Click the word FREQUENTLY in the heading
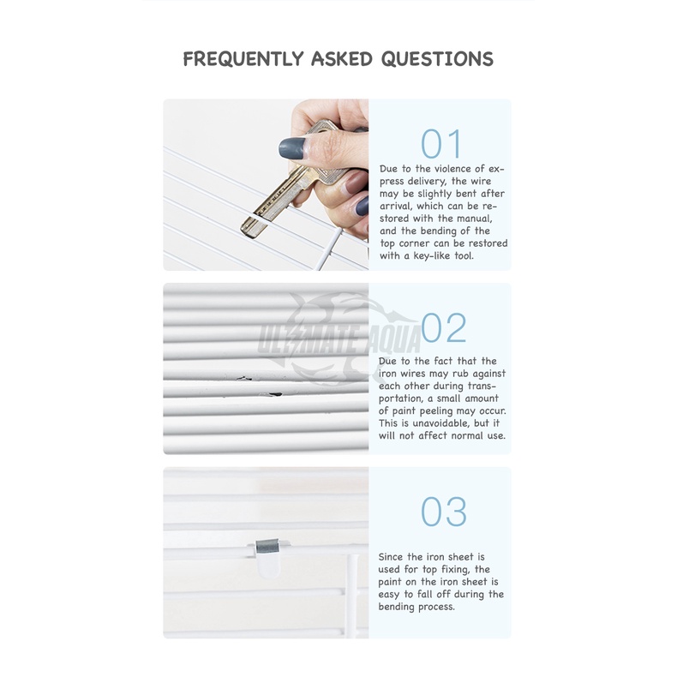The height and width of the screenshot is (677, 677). [x=243, y=59]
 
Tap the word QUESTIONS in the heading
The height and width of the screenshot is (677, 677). [x=437, y=59]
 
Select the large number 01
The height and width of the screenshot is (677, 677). [x=441, y=144]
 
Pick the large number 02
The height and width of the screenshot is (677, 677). [x=444, y=327]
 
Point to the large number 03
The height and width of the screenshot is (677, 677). [x=444, y=512]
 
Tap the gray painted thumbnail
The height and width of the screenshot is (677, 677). [x=291, y=148]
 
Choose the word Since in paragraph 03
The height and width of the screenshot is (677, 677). [x=391, y=557]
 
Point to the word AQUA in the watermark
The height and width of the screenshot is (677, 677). [x=394, y=340]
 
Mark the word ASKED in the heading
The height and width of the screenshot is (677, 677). [x=342, y=59]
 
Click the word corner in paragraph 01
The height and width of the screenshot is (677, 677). [x=415, y=243]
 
